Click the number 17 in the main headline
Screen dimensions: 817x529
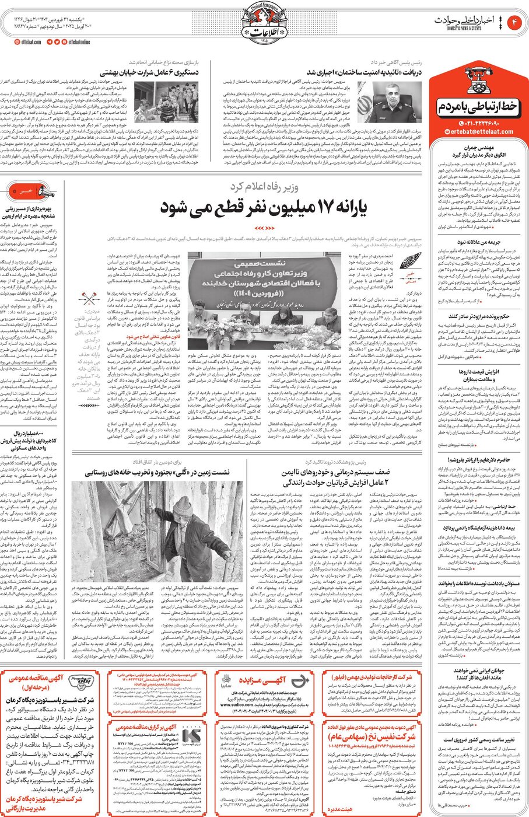pyautogui.click(x=318, y=207)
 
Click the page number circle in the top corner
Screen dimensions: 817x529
pyautogui.click(x=515, y=22)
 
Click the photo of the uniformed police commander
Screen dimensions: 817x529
pyautogui.click(x=397, y=103)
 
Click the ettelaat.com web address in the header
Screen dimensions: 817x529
pyautogui.click(x=29, y=42)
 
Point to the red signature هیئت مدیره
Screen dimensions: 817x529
pyautogui.click(x=339, y=810)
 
